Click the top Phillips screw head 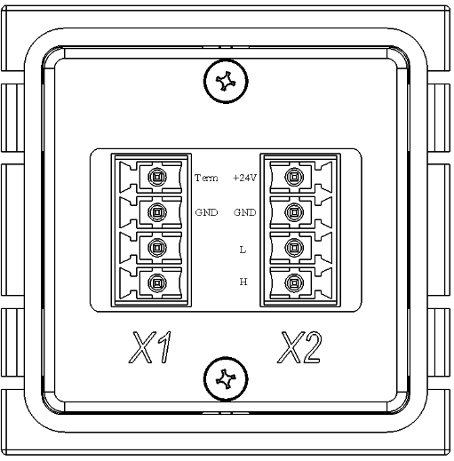[x=226, y=81]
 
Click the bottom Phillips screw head [x=226, y=378]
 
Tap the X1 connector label [x=150, y=347]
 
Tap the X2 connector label [x=299, y=347]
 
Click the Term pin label [x=206, y=178]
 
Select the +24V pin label [x=244, y=178]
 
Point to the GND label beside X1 [x=206, y=212]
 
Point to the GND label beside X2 [x=244, y=212]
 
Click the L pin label [x=243, y=250]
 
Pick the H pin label [x=243, y=282]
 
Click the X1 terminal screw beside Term [x=157, y=177]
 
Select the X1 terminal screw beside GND [x=157, y=212]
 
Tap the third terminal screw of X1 [x=157, y=247]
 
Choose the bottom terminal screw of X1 [x=157, y=282]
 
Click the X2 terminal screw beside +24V [x=294, y=177]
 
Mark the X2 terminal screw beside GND [x=294, y=212]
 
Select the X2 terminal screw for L [x=294, y=247]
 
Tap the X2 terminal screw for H [x=294, y=282]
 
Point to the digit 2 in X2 [x=311, y=347]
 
